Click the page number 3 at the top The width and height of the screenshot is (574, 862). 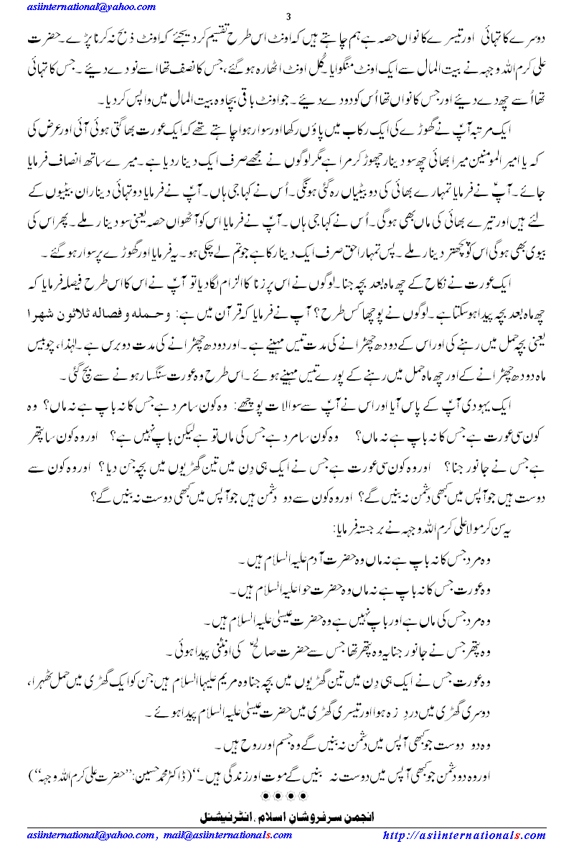tap(288, 18)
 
